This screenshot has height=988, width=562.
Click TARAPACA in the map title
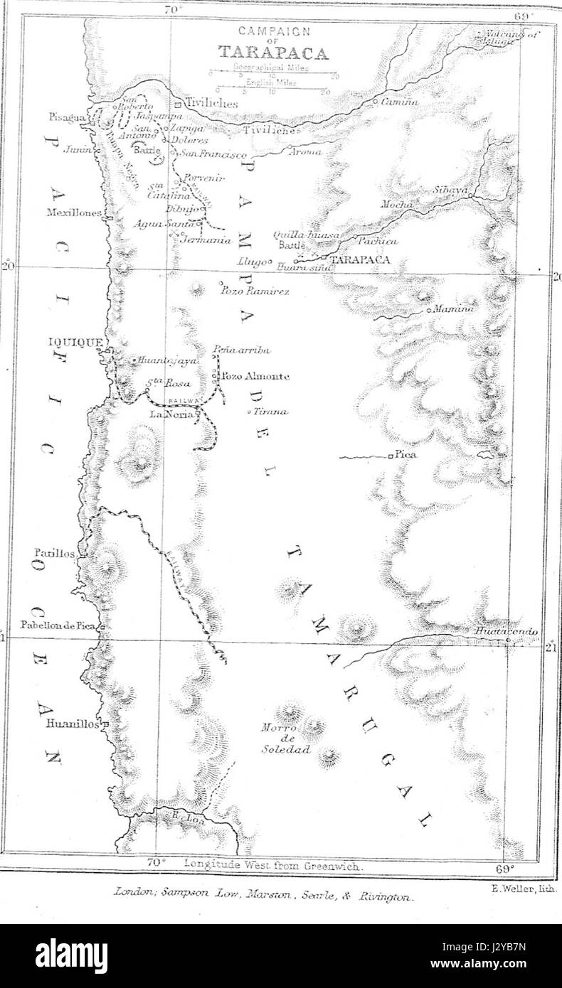click(273, 53)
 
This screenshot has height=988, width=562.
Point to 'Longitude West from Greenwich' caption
click(274, 866)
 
